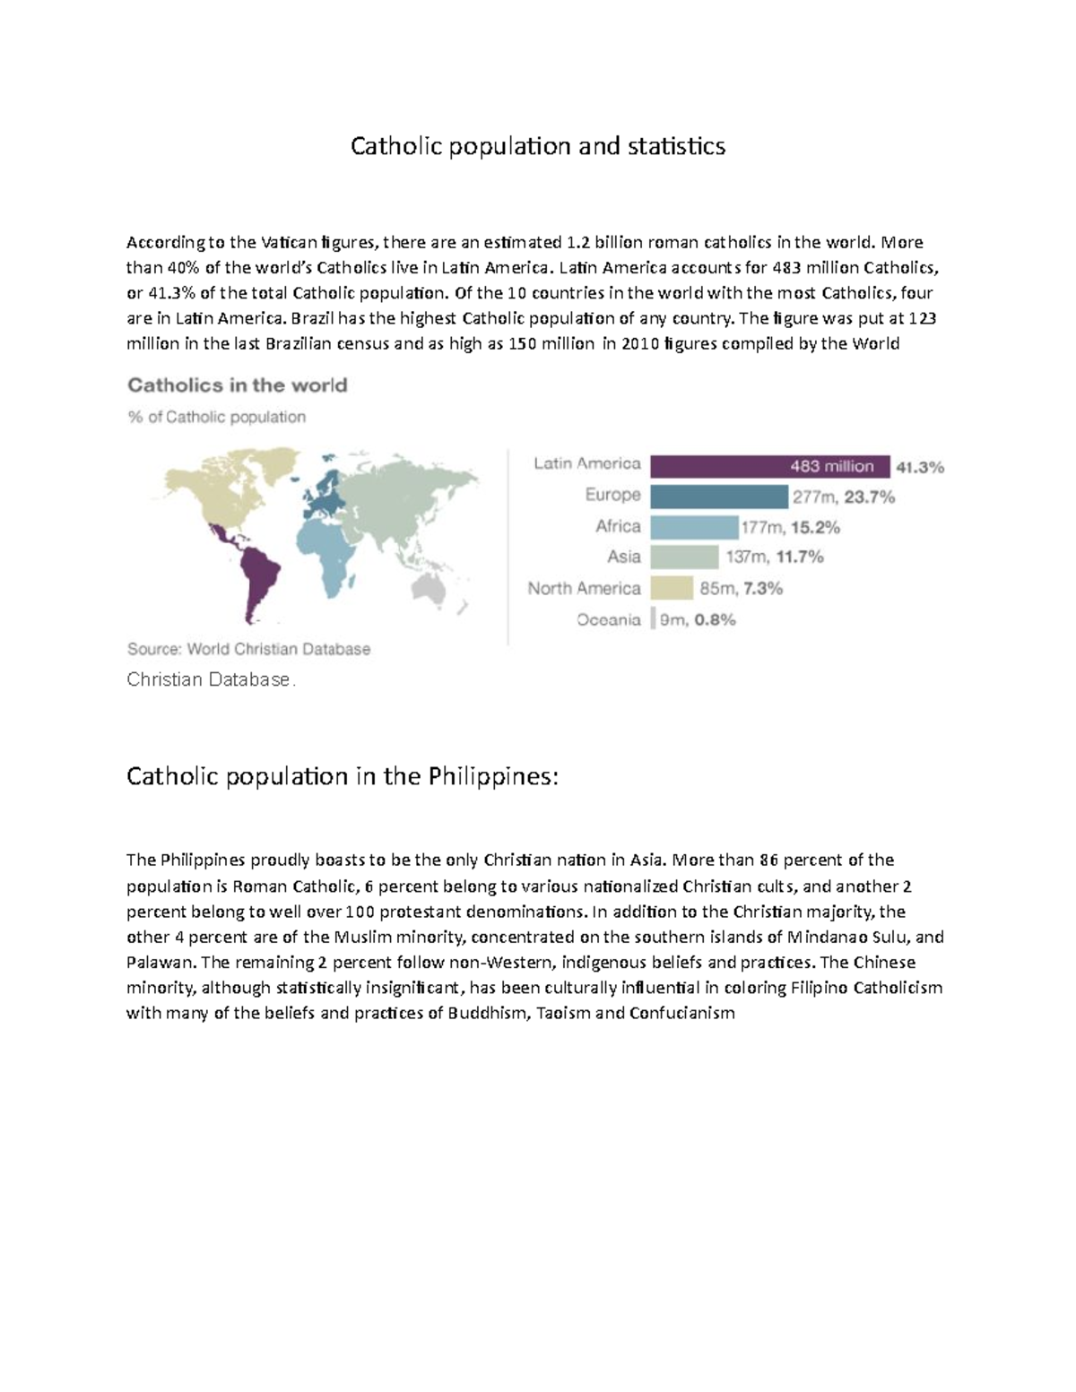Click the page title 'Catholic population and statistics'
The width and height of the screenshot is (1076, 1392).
click(537, 146)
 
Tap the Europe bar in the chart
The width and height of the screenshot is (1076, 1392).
click(718, 497)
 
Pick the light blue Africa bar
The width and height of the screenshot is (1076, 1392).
click(693, 527)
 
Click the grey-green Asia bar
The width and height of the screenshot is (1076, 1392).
click(684, 558)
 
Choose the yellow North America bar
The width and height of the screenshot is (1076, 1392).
click(672, 588)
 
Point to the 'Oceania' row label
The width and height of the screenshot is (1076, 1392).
click(609, 619)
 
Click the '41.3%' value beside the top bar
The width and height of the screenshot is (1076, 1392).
click(920, 467)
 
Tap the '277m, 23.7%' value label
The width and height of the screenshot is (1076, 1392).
click(843, 497)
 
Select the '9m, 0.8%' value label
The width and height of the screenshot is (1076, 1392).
click(698, 619)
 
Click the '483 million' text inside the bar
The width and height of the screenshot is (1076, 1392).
click(831, 466)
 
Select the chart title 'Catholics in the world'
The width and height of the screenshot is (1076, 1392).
click(237, 385)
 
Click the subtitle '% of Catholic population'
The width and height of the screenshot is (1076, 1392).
click(216, 417)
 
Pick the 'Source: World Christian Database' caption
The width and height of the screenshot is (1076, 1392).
click(248, 649)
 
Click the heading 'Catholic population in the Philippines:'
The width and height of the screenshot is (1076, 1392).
click(342, 775)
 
